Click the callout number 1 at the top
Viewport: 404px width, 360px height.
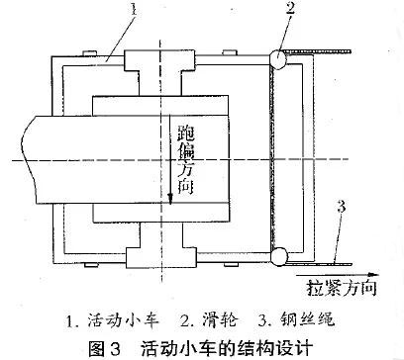133,10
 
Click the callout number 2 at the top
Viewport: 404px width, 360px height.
290,9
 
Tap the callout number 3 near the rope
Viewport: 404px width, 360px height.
341,207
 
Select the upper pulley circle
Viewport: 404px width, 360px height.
278,60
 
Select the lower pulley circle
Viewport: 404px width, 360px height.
278,256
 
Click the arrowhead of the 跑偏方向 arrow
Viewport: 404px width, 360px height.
170,199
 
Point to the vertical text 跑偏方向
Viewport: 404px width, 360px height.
186,159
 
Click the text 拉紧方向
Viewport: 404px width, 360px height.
342,288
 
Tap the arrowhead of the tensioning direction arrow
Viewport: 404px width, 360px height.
373,274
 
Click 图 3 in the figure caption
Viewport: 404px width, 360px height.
105,348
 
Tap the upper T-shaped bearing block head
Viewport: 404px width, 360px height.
159,60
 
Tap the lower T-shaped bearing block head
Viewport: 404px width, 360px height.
161,258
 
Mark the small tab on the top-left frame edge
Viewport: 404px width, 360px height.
89,53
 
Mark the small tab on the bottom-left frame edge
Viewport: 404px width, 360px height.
91,264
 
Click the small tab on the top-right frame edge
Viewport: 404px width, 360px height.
230,52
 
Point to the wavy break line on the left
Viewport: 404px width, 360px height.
29,159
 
